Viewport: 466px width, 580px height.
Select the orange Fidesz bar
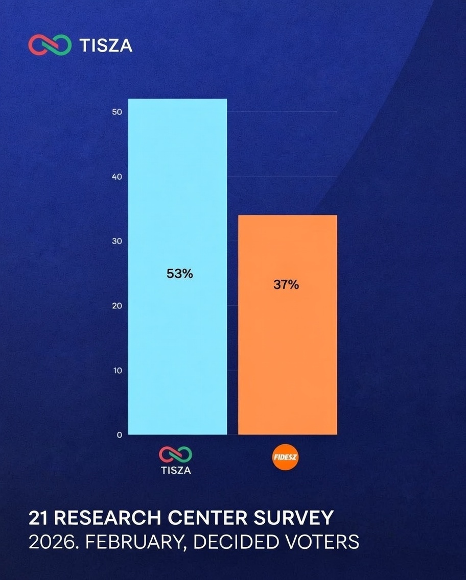(x=287, y=357)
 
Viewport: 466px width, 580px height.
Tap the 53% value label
(x=180, y=274)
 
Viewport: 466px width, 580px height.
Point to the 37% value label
(x=286, y=285)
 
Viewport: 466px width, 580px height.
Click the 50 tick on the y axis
(x=116, y=112)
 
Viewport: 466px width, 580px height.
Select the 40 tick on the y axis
(x=116, y=177)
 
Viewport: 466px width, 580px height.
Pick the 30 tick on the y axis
(x=116, y=241)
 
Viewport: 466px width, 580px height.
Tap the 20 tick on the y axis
(x=116, y=306)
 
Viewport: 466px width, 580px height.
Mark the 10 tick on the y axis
(x=117, y=370)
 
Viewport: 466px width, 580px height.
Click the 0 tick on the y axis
(x=119, y=435)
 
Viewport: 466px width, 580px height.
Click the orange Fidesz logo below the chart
(x=286, y=457)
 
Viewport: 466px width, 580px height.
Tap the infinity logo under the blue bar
(x=176, y=454)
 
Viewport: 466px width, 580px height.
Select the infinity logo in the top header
(x=50, y=45)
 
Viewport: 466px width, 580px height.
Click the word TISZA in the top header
(x=106, y=45)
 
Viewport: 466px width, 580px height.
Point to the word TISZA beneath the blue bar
(x=176, y=470)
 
